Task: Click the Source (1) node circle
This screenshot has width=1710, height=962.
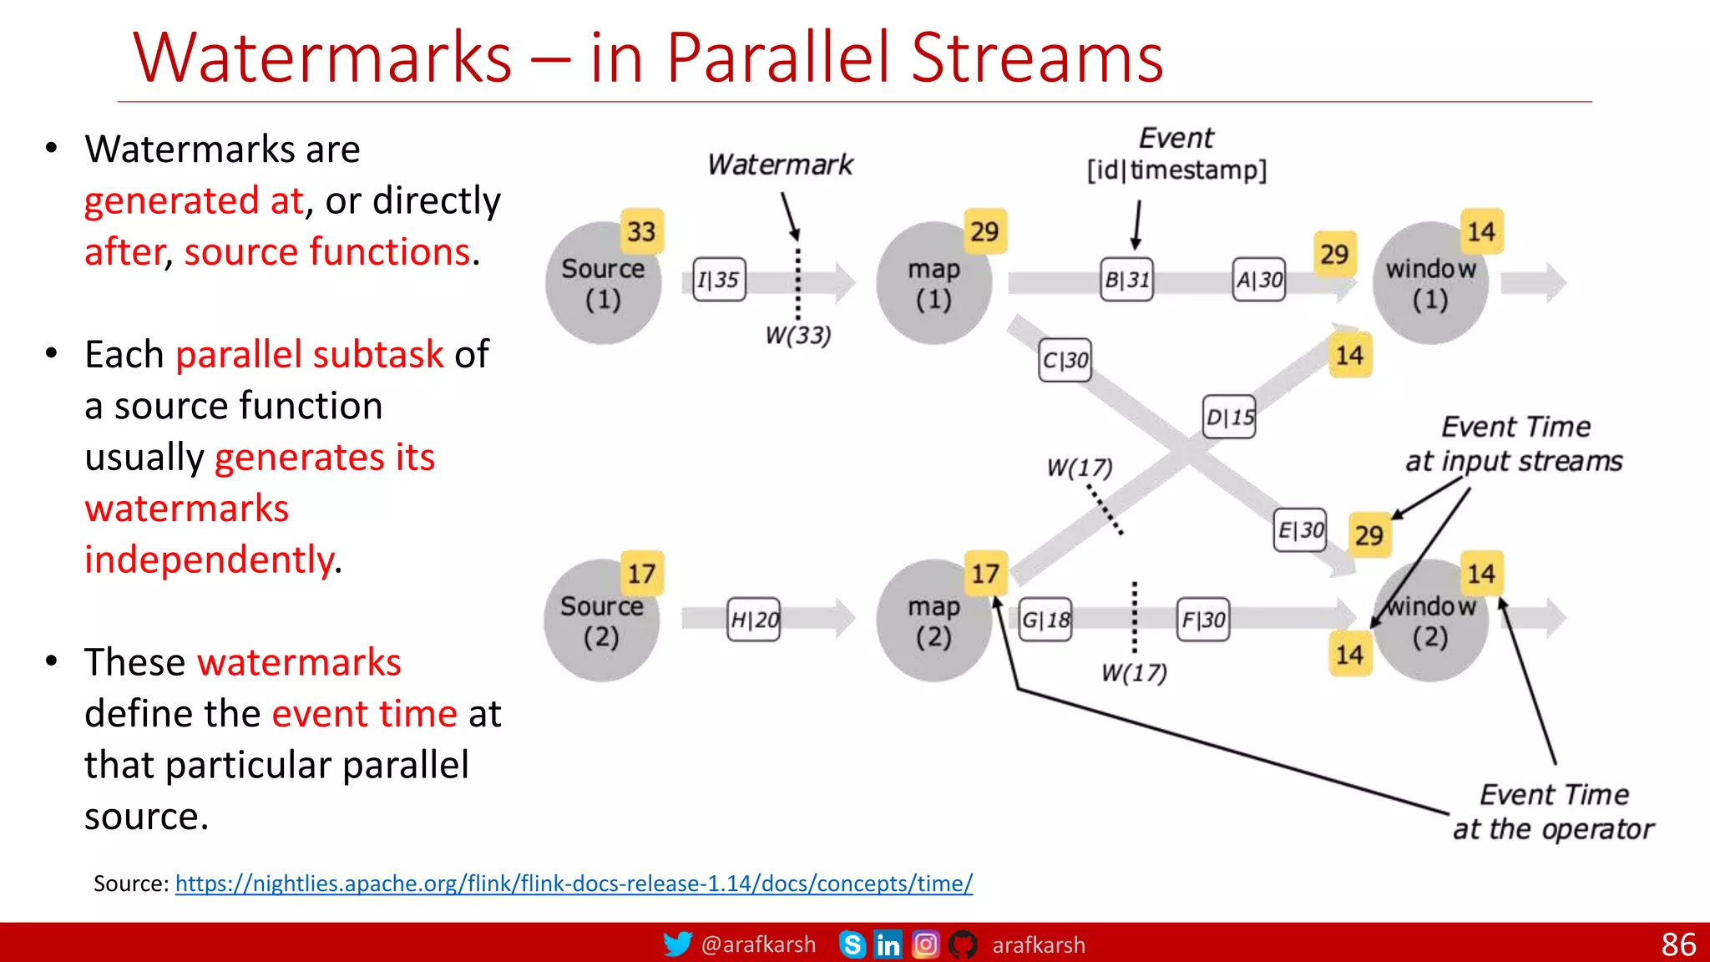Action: click(x=602, y=284)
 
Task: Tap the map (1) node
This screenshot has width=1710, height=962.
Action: click(x=933, y=284)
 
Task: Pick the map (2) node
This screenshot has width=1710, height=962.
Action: click(x=933, y=621)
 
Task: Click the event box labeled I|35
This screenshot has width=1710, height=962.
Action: click(x=719, y=280)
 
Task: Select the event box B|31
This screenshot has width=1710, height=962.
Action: click(x=1127, y=280)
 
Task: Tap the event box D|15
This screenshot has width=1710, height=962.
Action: click(x=1229, y=417)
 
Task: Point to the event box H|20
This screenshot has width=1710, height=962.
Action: click(x=754, y=620)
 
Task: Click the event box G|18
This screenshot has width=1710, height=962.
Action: click(x=1045, y=620)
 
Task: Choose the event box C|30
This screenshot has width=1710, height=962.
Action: click(x=1065, y=360)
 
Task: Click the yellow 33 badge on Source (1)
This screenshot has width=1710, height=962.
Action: click(x=641, y=231)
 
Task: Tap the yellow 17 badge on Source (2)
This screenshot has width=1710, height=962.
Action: click(x=641, y=574)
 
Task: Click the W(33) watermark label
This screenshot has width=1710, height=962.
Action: click(x=798, y=336)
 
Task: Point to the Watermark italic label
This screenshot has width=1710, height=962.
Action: click(x=780, y=165)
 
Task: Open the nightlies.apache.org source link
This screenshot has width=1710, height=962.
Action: click(x=574, y=884)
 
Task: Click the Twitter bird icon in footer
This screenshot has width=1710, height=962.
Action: click(x=677, y=944)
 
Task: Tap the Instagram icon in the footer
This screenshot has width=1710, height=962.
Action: click(x=925, y=944)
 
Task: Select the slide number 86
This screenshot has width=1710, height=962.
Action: click(x=1678, y=944)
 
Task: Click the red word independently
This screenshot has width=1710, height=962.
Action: click(x=209, y=559)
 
